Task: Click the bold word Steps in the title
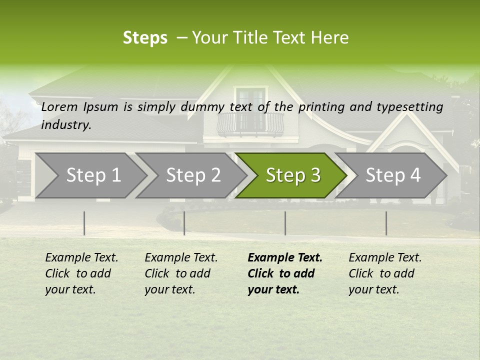pyautogui.click(x=145, y=38)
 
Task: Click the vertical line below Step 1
pyautogui.click(x=84, y=223)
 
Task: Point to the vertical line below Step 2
pyautogui.click(x=184, y=223)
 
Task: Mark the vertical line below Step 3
pyautogui.click(x=285, y=223)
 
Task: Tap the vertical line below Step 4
pyautogui.click(x=386, y=223)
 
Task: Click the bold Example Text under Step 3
pyautogui.click(x=285, y=273)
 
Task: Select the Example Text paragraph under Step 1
pyautogui.click(x=81, y=273)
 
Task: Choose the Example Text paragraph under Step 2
pyautogui.click(x=181, y=273)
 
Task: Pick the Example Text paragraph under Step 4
pyautogui.click(x=385, y=273)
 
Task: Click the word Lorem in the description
pyautogui.click(x=59, y=107)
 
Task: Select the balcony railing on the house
pyautogui.click(x=250, y=123)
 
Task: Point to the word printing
pyautogui.click(x=320, y=107)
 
